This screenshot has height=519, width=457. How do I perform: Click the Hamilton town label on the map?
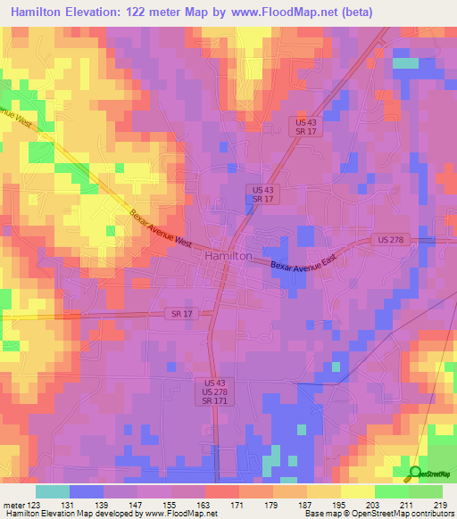228,256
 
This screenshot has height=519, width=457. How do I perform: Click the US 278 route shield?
386,241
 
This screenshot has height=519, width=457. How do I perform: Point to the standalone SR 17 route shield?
179,314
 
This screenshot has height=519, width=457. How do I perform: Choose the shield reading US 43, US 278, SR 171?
207,392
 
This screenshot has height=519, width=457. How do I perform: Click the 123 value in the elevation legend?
34,504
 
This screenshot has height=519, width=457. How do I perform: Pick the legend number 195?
341,504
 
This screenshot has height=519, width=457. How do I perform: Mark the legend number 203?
375,504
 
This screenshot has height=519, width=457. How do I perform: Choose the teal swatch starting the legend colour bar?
53,490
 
